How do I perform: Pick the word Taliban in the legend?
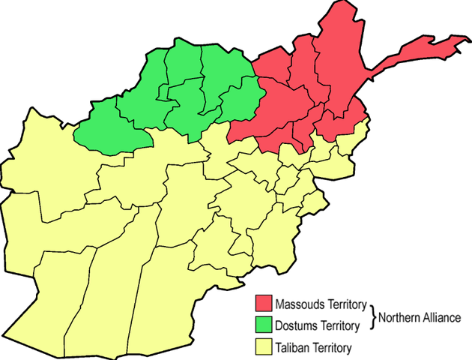tap(291, 348)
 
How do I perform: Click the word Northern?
tap(399, 317)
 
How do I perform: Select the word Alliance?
tap(441, 317)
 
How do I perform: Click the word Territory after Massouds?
tap(345, 305)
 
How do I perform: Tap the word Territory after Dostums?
tap(340, 326)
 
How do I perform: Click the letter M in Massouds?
tap(279, 305)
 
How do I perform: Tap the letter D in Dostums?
tap(278, 326)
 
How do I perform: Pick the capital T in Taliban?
tap(277, 348)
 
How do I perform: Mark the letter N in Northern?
tap(382, 317)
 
